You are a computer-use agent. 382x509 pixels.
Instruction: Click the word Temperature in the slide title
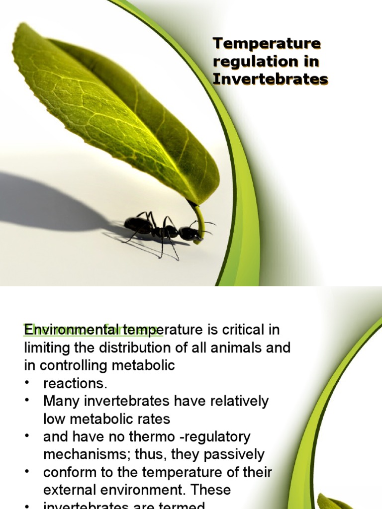pos(267,44)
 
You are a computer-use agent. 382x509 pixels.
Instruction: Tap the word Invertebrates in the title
pos(271,79)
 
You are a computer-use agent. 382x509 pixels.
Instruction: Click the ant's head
pos(190,233)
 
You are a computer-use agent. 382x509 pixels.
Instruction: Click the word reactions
pos(75,383)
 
